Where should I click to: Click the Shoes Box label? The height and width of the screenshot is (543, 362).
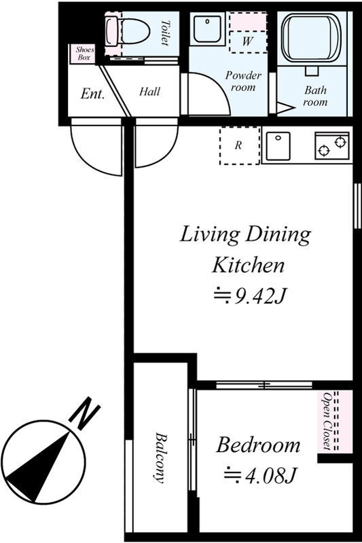tap(84, 54)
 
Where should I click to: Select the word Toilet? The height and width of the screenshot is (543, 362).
tap(165, 33)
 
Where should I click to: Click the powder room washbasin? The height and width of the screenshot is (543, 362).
tap(207, 29)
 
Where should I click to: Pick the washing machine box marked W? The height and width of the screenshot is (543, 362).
tap(248, 41)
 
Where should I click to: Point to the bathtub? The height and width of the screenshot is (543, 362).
tap(312, 37)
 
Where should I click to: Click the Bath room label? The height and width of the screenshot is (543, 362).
tap(315, 96)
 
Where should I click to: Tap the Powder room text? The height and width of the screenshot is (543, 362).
tap(244, 81)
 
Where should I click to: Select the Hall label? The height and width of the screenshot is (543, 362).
tap(149, 92)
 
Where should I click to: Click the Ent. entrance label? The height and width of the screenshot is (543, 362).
tap(92, 94)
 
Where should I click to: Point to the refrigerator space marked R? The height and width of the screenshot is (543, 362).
tap(239, 145)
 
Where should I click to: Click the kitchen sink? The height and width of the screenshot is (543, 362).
tap(278, 145)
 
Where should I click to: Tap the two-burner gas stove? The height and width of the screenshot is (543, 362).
tap(332, 145)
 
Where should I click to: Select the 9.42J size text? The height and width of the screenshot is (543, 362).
tap(250, 297)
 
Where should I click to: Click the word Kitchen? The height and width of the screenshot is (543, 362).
tap(248, 265)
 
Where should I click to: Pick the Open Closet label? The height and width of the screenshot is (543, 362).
tap(327, 421)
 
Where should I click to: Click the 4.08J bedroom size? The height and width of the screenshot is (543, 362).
tap(261, 476)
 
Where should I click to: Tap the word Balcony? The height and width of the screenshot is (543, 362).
tap(160, 457)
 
